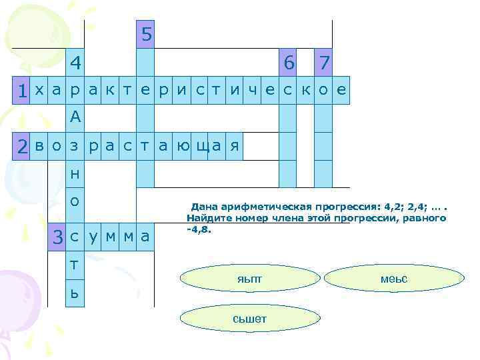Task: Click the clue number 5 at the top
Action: click(145, 34)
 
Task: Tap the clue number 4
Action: click(76, 63)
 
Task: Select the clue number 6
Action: click(288, 63)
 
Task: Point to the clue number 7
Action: click(324, 63)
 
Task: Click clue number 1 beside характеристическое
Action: click(23, 91)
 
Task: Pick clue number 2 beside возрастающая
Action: click(23, 146)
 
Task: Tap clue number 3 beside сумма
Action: click(59, 236)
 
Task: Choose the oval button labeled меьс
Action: click(393, 279)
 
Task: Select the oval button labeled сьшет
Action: click(249, 319)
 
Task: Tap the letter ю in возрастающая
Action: click(181, 145)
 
